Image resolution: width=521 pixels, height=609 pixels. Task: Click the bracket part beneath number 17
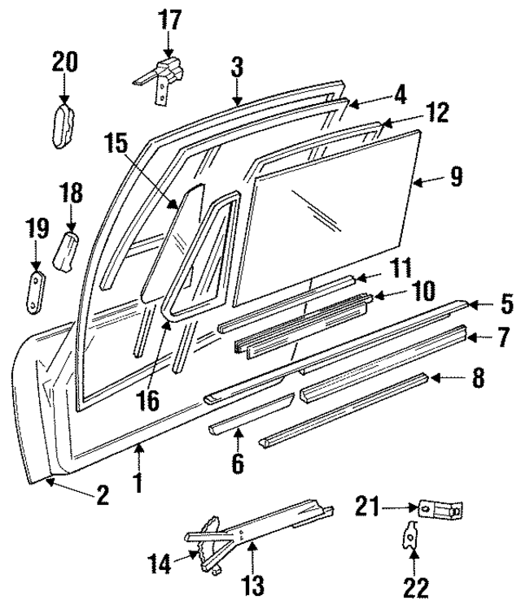(163, 78)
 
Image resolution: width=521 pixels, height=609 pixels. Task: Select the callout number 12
(438, 115)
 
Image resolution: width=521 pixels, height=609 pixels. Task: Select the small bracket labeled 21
(440, 510)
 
